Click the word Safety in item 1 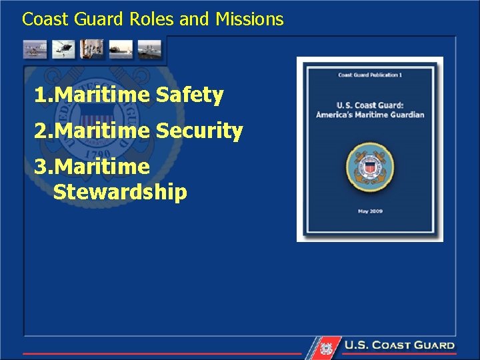click(x=189, y=96)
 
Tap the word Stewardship click(x=120, y=193)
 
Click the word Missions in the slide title click(x=249, y=19)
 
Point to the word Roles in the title click(x=153, y=19)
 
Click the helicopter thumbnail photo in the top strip click(x=63, y=49)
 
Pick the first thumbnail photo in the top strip click(x=35, y=49)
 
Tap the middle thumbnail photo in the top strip click(x=91, y=49)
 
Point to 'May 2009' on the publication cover click(x=370, y=211)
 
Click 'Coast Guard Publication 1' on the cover click(x=370, y=75)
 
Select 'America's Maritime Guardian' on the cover click(x=370, y=115)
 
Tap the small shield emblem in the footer click(x=326, y=347)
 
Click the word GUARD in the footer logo click(x=432, y=345)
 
